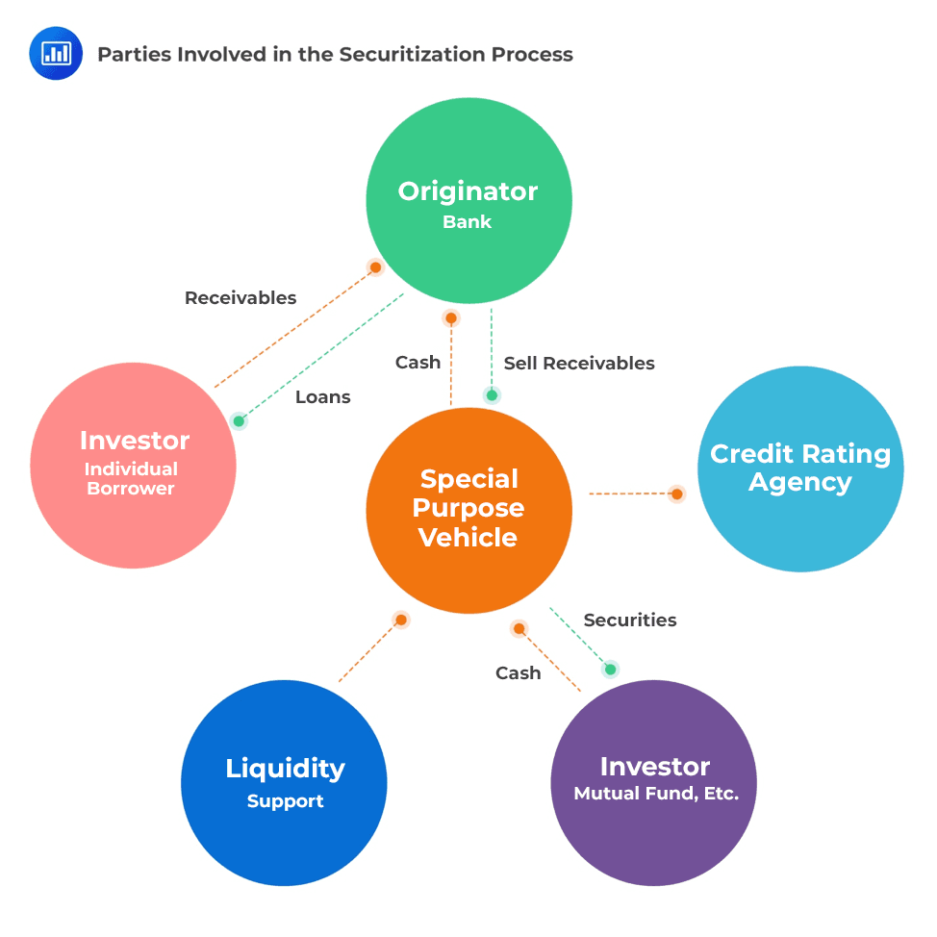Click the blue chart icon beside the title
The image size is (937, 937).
[56, 54]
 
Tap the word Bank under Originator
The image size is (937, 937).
[468, 222]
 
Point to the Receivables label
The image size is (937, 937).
[241, 298]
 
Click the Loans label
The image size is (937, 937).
[322, 397]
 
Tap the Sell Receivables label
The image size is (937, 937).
[579, 364]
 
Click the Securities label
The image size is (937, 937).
[630, 620]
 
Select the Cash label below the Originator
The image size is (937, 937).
[418, 363]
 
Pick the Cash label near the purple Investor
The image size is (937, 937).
[519, 673]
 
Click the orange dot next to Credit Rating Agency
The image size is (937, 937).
[677, 494]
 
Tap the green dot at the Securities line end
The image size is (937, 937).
[610, 670]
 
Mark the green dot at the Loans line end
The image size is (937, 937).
[239, 421]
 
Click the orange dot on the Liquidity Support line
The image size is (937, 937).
[401, 620]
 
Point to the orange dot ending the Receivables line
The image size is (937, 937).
[375, 267]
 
